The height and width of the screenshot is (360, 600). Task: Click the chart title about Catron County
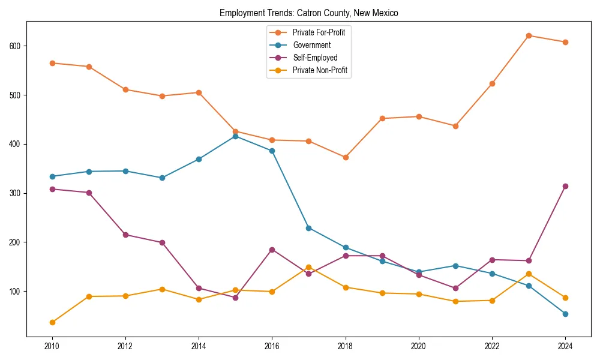pyautogui.click(x=308, y=13)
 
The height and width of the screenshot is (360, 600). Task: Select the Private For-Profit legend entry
pyautogui.click(x=318, y=32)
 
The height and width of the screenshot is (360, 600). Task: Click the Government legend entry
pyautogui.click(x=311, y=45)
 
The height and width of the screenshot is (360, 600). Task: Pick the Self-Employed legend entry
pyautogui.click(x=315, y=58)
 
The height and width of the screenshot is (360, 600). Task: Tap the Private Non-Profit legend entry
pyautogui.click(x=320, y=70)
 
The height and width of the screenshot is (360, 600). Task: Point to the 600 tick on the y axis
pyautogui.click(x=16, y=46)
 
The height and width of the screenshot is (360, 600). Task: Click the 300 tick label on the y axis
pyautogui.click(x=16, y=193)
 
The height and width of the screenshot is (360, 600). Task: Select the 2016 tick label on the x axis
pyautogui.click(x=272, y=347)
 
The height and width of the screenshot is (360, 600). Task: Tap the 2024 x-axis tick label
pyautogui.click(x=565, y=347)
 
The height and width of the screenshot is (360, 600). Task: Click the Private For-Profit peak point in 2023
pyautogui.click(x=529, y=35)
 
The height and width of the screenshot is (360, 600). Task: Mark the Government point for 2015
pyautogui.click(x=235, y=136)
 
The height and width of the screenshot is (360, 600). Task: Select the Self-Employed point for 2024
pyautogui.click(x=565, y=186)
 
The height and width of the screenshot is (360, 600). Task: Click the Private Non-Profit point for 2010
pyautogui.click(x=52, y=322)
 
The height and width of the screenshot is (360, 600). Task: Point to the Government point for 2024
pyautogui.click(x=565, y=314)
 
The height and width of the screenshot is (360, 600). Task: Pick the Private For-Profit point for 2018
pyautogui.click(x=346, y=157)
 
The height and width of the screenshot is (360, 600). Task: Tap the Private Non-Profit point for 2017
pyautogui.click(x=308, y=267)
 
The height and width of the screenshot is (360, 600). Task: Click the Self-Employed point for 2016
pyautogui.click(x=272, y=250)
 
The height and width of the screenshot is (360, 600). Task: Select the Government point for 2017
pyautogui.click(x=308, y=228)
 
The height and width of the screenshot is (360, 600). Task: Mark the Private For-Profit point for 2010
pyautogui.click(x=52, y=63)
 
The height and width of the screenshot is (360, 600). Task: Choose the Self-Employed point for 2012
pyautogui.click(x=125, y=235)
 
